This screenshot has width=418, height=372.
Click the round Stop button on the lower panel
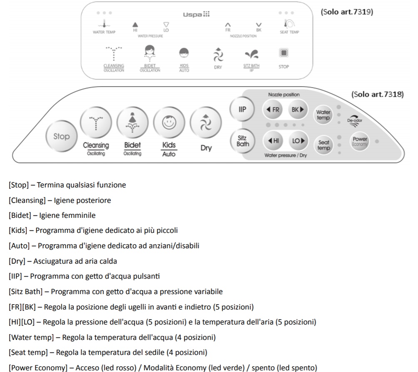click(x=62, y=136)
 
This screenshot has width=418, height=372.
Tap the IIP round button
click(x=242, y=109)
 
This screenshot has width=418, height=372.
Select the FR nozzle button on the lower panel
click(x=273, y=110)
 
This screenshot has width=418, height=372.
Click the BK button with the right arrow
click(x=298, y=110)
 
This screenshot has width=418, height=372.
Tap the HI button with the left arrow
click(x=273, y=141)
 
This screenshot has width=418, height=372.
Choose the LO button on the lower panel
click(x=298, y=141)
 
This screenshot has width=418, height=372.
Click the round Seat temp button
click(x=323, y=145)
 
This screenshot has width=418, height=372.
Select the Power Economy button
click(x=360, y=141)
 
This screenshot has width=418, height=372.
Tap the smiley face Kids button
click(x=169, y=122)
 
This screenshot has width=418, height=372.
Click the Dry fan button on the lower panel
click(x=206, y=122)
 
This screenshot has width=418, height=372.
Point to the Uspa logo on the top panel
click(x=196, y=14)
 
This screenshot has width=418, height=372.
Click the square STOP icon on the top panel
click(x=284, y=53)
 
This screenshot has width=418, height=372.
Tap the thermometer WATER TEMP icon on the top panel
click(x=104, y=24)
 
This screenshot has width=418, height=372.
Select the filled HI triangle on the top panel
click(x=135, y=25)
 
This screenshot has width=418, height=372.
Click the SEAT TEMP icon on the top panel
click(x=289, y=24)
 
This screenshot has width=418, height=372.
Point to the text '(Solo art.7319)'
click(x=347, y=12)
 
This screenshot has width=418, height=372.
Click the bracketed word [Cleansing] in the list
click(x=27, y=200)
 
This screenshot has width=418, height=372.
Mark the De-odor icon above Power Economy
click(x=355, y=121)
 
